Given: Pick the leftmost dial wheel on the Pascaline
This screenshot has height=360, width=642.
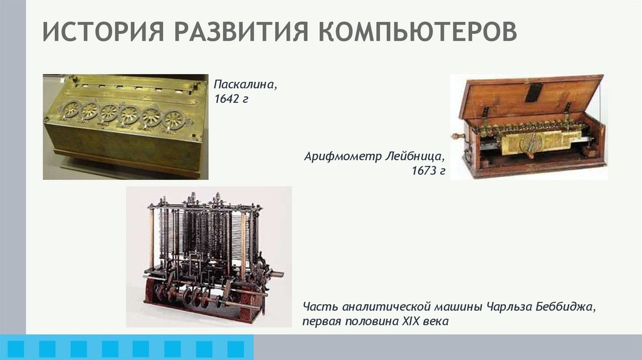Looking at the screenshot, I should pos(71,109).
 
